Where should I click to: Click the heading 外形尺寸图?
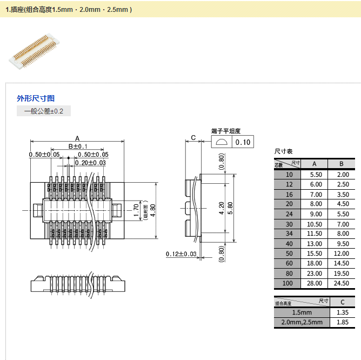[x=36, y=98]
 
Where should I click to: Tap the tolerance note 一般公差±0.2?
[x=44, y=111]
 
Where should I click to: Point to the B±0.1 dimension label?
[x=77, y=146]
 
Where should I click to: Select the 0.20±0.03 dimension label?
[x=90, y=163]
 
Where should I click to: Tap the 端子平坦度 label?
[x=226, y=131]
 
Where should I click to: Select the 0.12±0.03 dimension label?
[x=181, y=254]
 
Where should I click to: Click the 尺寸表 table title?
[x=283, y=151]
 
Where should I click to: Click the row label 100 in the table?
[x=289, y=283]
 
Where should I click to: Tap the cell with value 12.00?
[x=342, y=254]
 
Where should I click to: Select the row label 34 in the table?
[x=289, y=234]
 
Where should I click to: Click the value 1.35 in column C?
[x=342, y=312]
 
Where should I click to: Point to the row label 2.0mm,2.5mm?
[x=302, y=322]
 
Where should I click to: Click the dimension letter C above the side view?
[x=193, y=138]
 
